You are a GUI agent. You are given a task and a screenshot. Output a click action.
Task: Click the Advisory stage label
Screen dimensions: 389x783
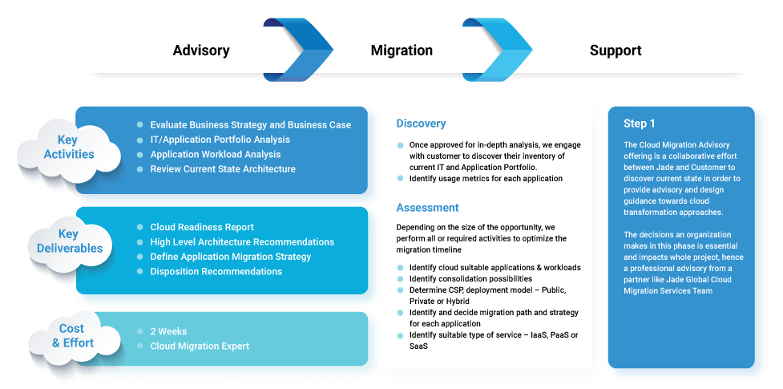click(200, 51)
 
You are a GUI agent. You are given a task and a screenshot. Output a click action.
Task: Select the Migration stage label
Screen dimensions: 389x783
click(402, 51)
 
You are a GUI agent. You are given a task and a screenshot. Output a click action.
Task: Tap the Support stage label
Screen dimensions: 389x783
click(616, 51)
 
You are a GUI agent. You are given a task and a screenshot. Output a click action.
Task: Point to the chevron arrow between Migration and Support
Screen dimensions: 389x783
click(507, 49)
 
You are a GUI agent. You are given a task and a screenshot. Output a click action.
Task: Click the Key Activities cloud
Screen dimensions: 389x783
click(69, 148)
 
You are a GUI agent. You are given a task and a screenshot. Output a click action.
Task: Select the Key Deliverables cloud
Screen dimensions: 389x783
click(70, 241)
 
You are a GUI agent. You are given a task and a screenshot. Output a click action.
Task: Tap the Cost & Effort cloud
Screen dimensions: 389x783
click(73, 336)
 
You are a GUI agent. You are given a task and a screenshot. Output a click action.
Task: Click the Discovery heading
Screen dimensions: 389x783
click(421, 124)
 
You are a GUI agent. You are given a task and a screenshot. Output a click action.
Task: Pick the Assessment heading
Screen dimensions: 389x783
click(427, 208)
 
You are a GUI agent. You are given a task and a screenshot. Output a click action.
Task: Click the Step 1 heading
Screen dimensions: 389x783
click(640, 124)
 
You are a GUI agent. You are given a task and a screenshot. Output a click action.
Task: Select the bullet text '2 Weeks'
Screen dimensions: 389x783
click(169, 331)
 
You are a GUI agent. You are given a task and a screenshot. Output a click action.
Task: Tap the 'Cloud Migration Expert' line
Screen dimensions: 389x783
click(200, 346)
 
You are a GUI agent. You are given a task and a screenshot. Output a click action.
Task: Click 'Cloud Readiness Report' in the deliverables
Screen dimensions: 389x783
click(202, 227)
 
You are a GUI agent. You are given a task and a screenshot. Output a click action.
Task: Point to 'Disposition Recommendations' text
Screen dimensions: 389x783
click(216, 271)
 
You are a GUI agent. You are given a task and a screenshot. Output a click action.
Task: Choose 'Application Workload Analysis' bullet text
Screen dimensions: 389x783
click(215, 154)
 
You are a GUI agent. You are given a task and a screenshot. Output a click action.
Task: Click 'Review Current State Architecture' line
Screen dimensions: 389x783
click(223, 168)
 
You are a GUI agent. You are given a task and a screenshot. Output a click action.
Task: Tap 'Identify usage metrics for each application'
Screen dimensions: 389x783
click(486, 178)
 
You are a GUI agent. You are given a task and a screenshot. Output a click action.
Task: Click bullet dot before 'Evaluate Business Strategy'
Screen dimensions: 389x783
click(139, 124)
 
